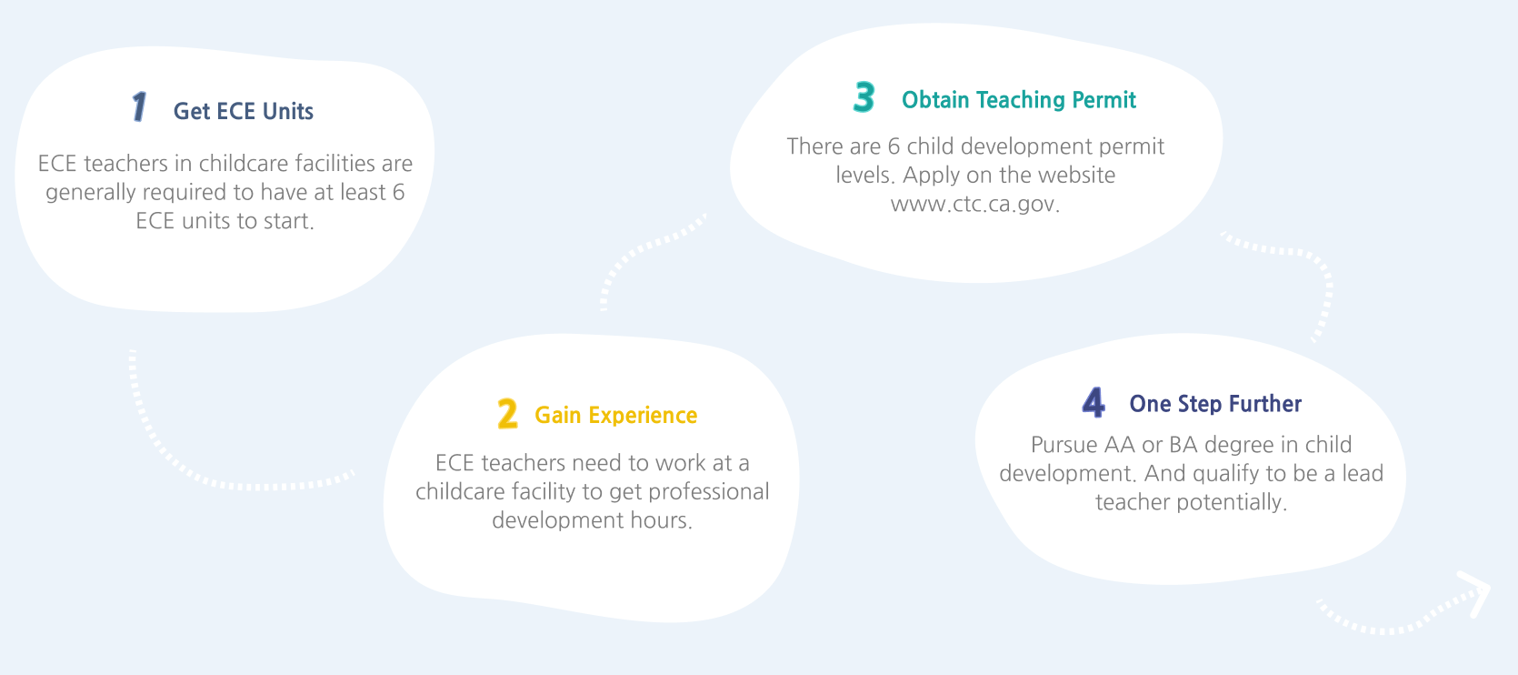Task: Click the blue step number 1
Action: coord(139,106)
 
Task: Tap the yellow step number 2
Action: coord(507,414)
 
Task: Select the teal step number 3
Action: coord(864,97)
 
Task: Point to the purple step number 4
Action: coord(1094,401)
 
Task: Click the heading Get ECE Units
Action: coord(244,111)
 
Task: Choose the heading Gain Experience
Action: coord(616,415)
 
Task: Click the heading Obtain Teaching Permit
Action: coord(1019,100)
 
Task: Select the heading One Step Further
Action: coord(1215,404)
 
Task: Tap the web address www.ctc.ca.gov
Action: coord(974,204)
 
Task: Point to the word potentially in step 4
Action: coord(1231,503)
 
